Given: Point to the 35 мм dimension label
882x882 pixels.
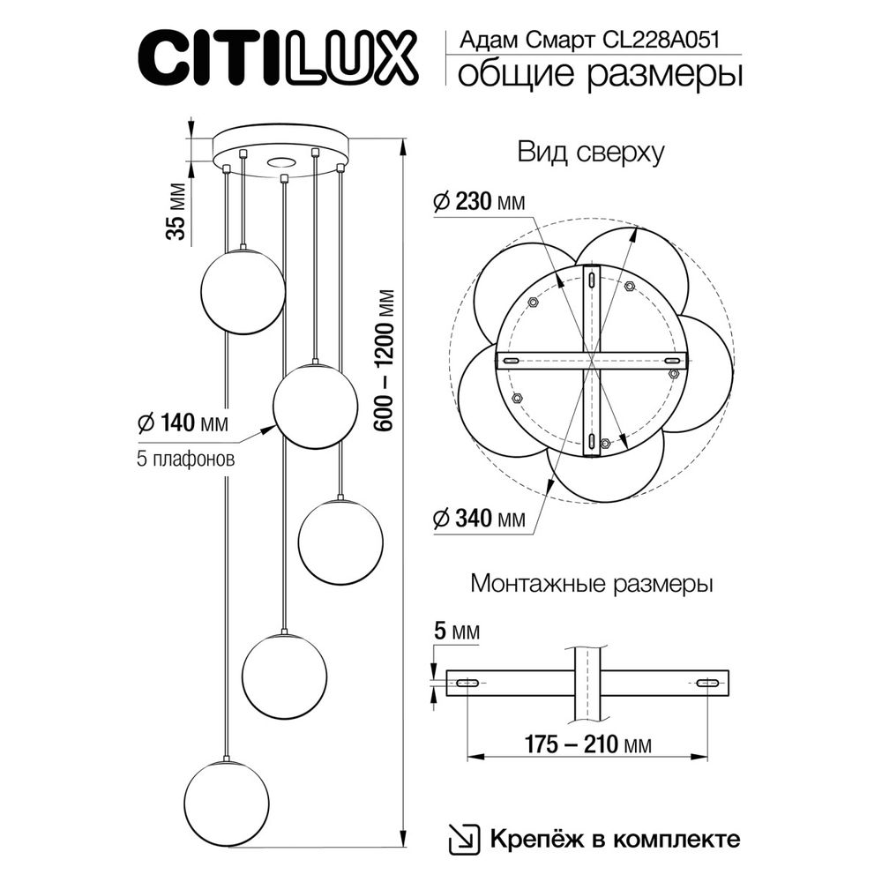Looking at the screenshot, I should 176,212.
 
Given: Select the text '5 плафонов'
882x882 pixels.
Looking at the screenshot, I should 186,460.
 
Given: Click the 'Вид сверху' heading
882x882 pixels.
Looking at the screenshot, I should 590,153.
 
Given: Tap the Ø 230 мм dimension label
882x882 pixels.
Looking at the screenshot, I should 480,203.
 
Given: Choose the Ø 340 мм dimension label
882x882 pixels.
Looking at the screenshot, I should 480,519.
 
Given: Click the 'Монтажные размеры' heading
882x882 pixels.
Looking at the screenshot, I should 592,583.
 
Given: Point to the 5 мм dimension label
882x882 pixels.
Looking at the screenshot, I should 457,632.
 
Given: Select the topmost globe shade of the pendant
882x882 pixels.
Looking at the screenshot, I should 243,291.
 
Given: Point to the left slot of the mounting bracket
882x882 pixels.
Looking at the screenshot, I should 467,683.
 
